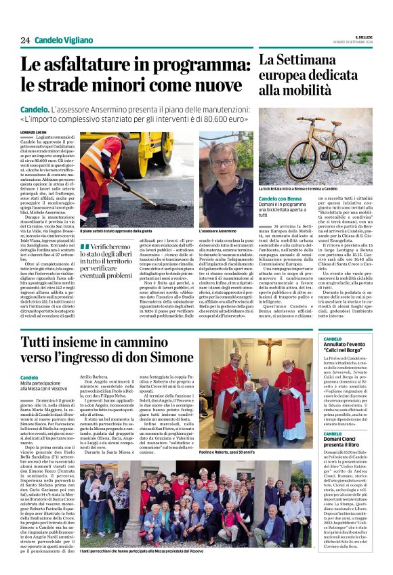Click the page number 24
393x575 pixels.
pos(25,40)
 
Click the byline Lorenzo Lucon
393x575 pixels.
pos(34,132)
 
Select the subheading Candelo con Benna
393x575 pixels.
pos(280,198)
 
